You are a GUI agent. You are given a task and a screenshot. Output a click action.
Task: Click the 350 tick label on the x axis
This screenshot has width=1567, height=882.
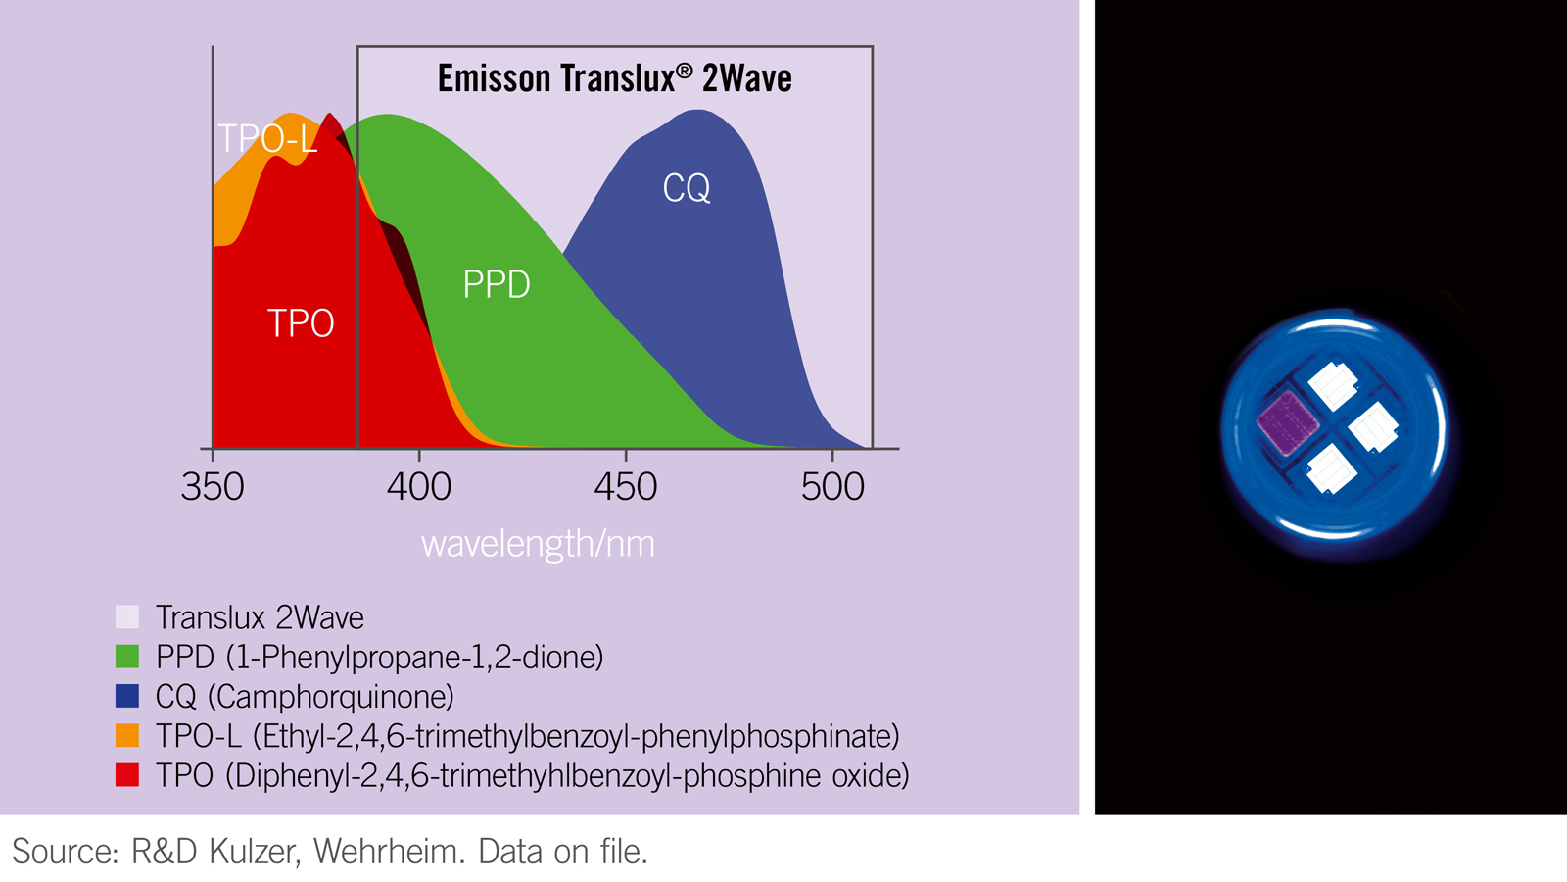point(213,487)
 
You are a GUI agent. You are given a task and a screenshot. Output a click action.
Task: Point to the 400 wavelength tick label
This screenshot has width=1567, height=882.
point(419,487)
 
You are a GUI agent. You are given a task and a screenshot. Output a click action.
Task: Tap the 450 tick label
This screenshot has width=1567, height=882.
point(626,487)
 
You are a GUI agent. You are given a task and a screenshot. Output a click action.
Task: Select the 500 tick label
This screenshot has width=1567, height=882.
point(832,487)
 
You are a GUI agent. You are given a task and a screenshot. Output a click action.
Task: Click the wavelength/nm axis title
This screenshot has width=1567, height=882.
point(538,544)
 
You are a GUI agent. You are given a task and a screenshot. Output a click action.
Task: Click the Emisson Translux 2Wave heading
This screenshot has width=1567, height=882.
point(614,78)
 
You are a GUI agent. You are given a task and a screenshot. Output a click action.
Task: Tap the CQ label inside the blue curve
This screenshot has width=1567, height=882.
point(686,188)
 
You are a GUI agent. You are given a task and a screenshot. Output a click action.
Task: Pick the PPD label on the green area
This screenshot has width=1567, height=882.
point(497,285)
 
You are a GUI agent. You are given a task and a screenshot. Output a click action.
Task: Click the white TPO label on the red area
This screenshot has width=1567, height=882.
point(301,323)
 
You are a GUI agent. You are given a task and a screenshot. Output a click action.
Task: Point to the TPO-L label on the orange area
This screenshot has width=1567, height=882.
point(267,139)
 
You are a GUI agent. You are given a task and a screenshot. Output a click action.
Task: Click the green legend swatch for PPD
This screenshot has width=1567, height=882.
point(127,657)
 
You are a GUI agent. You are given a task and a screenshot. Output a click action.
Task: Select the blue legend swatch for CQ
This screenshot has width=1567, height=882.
point(127,696)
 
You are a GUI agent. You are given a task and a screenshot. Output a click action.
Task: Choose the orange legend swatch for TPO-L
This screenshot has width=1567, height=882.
point(127,735)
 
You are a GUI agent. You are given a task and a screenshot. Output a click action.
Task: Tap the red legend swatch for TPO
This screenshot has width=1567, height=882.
point(127,775)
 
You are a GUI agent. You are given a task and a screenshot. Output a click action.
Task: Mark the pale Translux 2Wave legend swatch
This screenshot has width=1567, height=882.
point(127,616)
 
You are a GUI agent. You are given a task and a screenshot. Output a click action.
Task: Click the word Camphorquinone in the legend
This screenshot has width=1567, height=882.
point(331,697)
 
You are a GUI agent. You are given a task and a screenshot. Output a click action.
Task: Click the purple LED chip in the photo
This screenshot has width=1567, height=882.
point(1288,422)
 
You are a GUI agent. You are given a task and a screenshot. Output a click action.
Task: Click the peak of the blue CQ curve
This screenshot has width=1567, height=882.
point(698,112)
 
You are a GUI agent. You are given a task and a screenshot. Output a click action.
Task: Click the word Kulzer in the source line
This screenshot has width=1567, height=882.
point(253,852)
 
